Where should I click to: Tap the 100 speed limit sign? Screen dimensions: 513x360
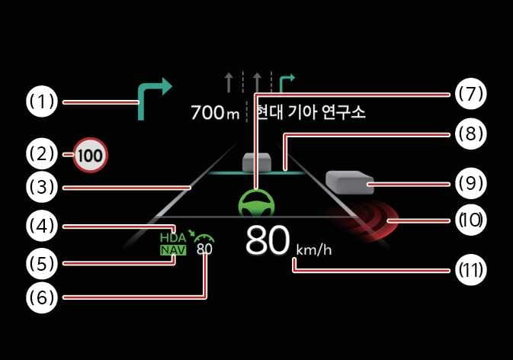coord(91,155)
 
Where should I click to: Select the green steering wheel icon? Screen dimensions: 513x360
coord(257,204)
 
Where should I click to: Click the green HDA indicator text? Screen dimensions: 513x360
coord(173,237)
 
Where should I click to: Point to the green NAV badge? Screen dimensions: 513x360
coord(173,250)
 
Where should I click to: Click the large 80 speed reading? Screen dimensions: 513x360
coord(268,240)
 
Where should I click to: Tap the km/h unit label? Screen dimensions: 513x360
coord(314,250)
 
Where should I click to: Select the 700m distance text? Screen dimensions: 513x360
coord(215,112)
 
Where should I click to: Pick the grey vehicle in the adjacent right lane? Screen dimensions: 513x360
coord(350,182)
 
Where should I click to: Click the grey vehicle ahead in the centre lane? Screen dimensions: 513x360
coord(257,162)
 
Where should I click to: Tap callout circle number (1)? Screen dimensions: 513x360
coord(42,101)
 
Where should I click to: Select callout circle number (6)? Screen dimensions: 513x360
coord(42,297)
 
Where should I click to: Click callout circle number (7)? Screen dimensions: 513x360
coord(471,94)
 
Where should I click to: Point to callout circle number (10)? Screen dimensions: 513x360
coord(471,220)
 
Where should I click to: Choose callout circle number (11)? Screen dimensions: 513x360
coord(471,270)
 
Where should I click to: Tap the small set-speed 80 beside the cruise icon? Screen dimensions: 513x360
coord(204,249)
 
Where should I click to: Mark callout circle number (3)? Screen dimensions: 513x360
coord(42,187)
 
